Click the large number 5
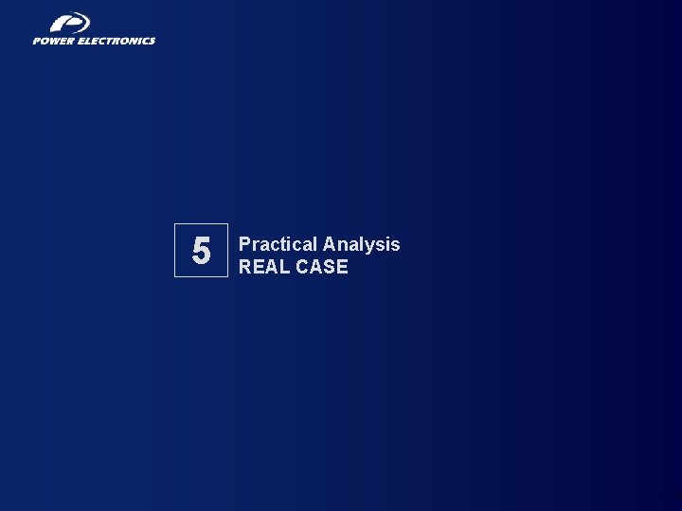tap(201, 251)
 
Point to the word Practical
tap(278, 244)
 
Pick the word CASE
tap(323, 267)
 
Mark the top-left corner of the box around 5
tap(174, 224)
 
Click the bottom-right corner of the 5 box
tap(228, 276)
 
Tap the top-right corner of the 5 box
tap(228, 224)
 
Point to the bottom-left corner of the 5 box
tap(174, 276)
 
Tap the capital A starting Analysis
tap(330, 244)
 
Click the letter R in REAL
tap(245, 267)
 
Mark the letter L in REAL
tap(286, 267)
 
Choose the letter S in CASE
tap(330, 267)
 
